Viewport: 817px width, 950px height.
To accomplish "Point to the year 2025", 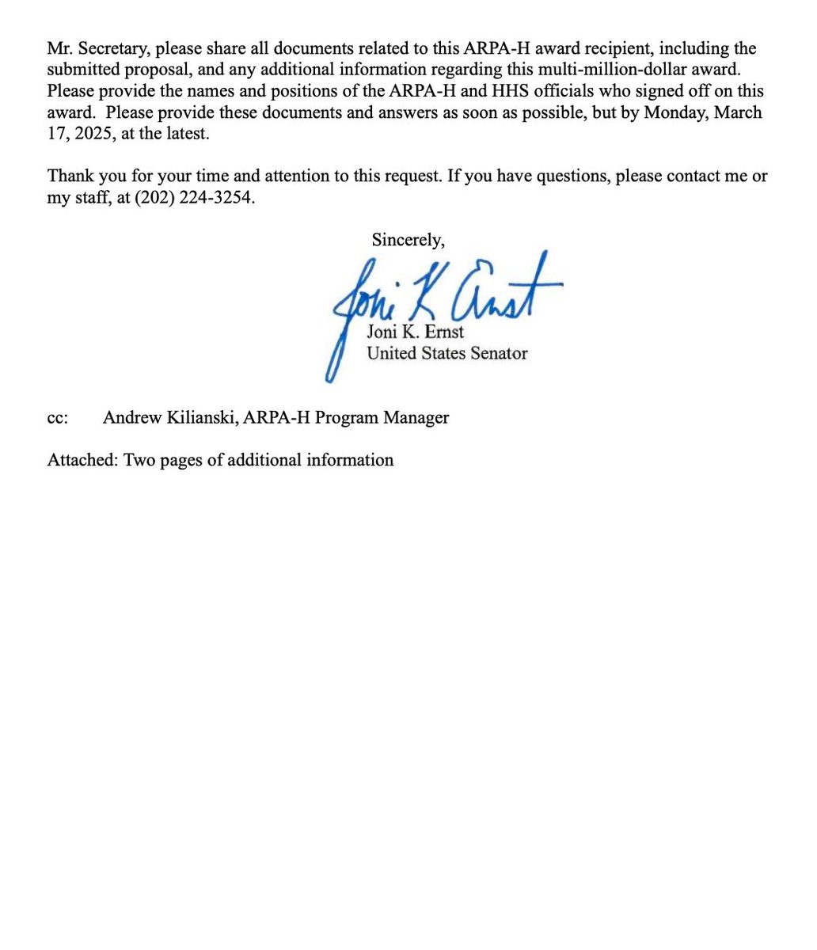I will (x=90, y=132).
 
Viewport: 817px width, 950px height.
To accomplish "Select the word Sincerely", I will (x=408, y=238).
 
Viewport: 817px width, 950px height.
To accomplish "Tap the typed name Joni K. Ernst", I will (x=415, y=332).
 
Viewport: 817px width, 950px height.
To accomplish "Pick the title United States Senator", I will (x=446, y=353).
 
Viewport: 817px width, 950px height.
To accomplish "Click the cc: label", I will (x=58, y=418).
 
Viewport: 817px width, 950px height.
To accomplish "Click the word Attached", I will (x=82, y=460).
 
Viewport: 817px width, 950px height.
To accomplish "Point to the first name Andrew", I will (x=131, y=418).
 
